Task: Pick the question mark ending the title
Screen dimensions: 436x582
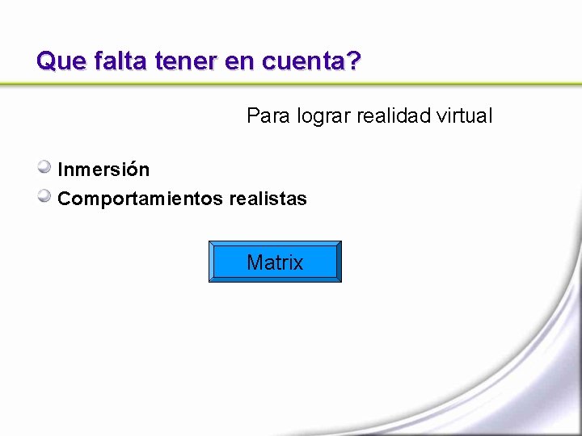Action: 354,61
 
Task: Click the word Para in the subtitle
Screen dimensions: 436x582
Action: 266,116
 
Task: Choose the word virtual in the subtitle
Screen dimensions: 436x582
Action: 463,116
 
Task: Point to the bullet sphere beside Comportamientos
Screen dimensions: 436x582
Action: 45,196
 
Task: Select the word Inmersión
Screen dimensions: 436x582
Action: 103,170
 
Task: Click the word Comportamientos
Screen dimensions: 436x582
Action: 141,199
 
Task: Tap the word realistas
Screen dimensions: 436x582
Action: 268,199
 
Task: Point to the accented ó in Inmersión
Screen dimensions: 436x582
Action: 129,170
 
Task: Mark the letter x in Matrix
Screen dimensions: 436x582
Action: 297,263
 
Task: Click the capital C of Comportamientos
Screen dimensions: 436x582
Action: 64,199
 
